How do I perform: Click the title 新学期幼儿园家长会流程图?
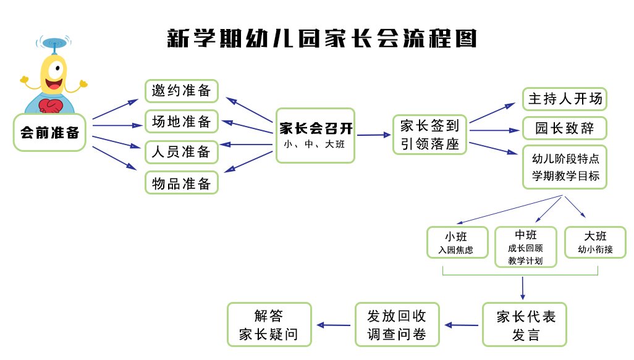click(322, 38)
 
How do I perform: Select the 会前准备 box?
click(49, 132)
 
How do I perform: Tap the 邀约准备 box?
click(182, 91)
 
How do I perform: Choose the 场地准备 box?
click(182, 122)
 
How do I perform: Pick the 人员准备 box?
click(182, 152)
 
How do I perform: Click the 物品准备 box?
click(182, 183)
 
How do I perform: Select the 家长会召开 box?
click(315, 135)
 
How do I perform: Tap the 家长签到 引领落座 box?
click(429, 135)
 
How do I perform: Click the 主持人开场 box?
click(564, 99)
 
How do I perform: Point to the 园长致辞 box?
click(564, 128)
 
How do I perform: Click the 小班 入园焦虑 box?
click(457, 243)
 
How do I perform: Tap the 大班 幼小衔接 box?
click(595, 243)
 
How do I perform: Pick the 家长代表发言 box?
click(525, 325)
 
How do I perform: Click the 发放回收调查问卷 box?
click(397, 325)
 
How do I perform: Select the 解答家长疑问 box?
click(269, 325)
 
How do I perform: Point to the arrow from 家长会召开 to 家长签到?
click(374, 135)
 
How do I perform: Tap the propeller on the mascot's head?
click(54, 43)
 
